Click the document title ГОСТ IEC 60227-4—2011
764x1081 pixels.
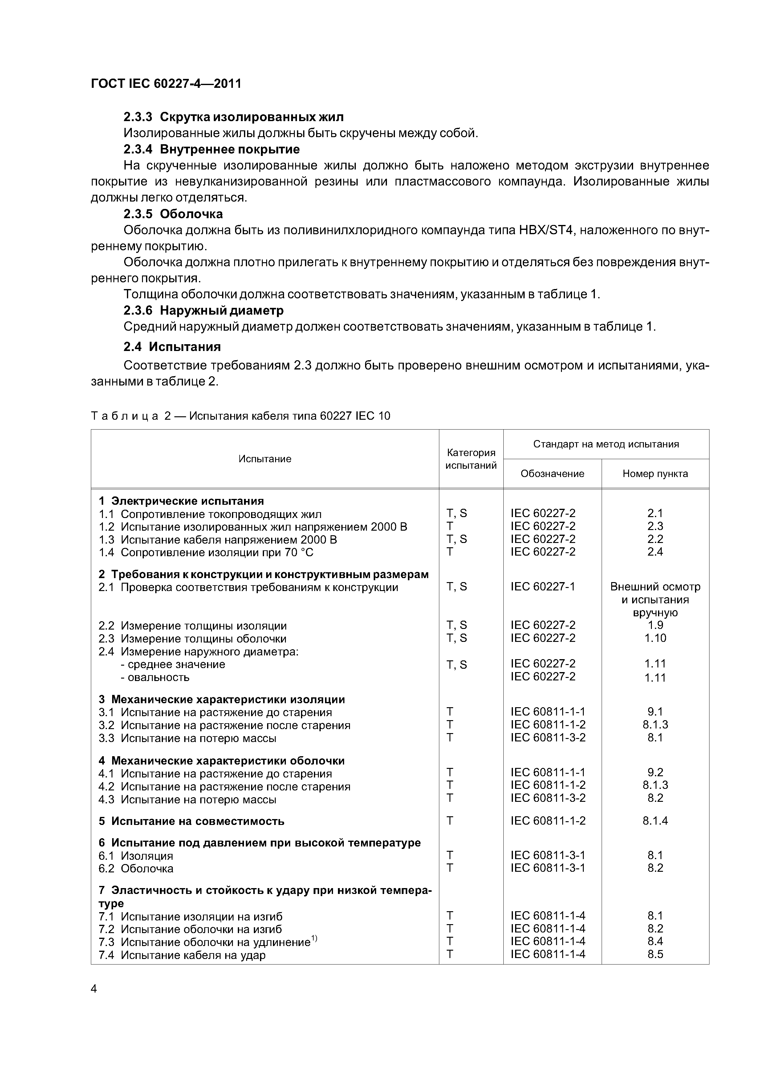[166, 84]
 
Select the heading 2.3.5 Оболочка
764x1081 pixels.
[173, 214]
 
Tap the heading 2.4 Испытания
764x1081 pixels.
[172, 347]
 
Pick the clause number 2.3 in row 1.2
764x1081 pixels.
[655, 526]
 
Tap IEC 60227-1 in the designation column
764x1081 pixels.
[543, 587]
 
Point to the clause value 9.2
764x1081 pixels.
[655, 772]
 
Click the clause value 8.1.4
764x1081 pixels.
[655, 821]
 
